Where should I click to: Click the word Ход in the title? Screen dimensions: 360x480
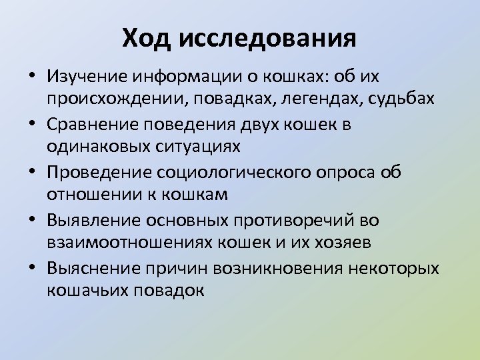click(147, 38)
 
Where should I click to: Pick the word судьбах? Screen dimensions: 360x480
click(398, 100)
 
